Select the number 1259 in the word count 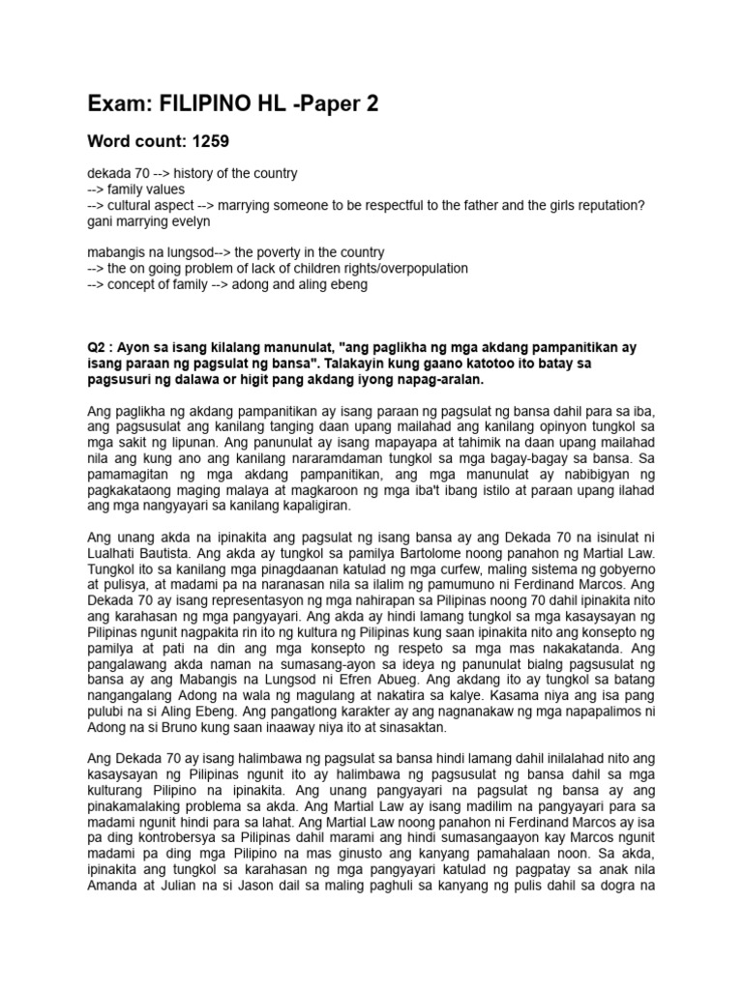(210, 141)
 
